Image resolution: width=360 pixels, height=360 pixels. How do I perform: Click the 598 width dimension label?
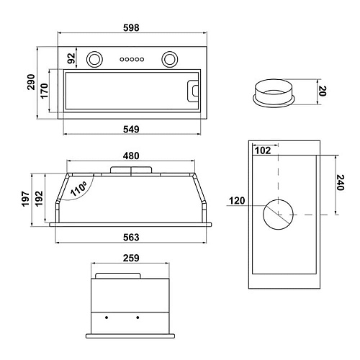coord(131,28)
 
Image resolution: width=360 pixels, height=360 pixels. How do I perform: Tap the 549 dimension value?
coord(131,130)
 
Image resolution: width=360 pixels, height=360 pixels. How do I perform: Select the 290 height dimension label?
coord(31,82)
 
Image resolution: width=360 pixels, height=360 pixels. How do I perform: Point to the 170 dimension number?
coord(45,91)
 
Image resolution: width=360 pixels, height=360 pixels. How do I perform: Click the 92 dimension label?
coord(71,58)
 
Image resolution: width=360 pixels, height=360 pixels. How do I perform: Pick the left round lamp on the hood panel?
coord(94,59)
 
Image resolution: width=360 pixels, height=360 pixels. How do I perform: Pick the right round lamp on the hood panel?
coord(170,59)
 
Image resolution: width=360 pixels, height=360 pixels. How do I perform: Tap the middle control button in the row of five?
coord(132,59)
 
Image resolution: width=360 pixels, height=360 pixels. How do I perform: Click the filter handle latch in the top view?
coord(193,91)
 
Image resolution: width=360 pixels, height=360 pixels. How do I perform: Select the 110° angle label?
coord(78,189)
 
